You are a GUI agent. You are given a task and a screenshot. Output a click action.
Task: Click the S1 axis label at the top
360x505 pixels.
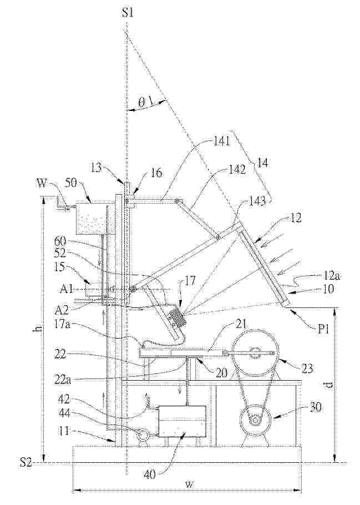click(128, 13)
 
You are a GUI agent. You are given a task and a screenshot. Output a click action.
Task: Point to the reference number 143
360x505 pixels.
click(257, 201)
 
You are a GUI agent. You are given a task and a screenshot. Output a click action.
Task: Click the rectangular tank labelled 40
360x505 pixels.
click(182, 421)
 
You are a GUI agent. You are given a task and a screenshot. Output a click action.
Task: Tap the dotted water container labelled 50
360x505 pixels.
click(91, 221)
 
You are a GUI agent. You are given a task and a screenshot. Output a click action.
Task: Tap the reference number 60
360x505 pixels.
click(61, 241)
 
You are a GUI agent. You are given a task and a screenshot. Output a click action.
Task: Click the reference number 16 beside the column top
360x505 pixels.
click(155, 173)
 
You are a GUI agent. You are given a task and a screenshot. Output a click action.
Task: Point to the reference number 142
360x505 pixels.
click(236, 170)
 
